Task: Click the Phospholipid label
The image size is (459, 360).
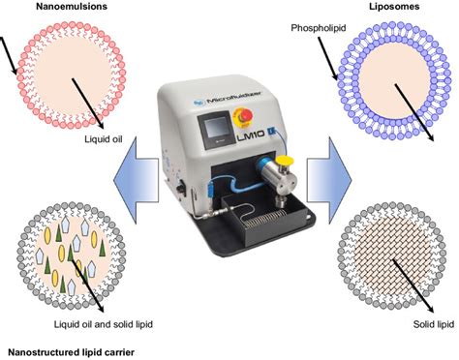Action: click(x=319, y=30)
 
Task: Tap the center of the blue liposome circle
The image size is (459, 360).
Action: click(x=397, y=79)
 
